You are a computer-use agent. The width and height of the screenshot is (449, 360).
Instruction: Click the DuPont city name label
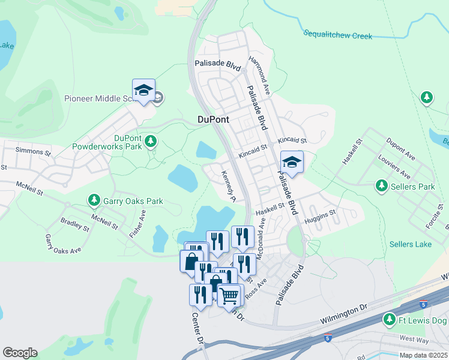(213, 119)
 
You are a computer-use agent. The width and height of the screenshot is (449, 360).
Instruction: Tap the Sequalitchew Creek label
(337, 35)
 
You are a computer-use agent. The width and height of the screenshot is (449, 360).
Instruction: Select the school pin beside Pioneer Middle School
(143, 91)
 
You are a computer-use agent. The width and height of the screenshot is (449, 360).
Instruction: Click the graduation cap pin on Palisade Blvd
(292, 162)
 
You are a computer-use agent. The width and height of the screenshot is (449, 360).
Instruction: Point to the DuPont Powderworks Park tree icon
(151, 142)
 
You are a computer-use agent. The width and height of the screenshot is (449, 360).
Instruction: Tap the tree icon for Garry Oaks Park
(94, 199)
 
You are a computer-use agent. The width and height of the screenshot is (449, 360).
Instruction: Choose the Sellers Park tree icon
(381, 187)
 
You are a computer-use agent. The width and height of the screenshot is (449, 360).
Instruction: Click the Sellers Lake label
(410, 244)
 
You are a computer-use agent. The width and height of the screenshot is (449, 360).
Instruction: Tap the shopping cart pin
(229, 295)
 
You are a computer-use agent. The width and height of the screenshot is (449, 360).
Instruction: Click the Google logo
(20, 353)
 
